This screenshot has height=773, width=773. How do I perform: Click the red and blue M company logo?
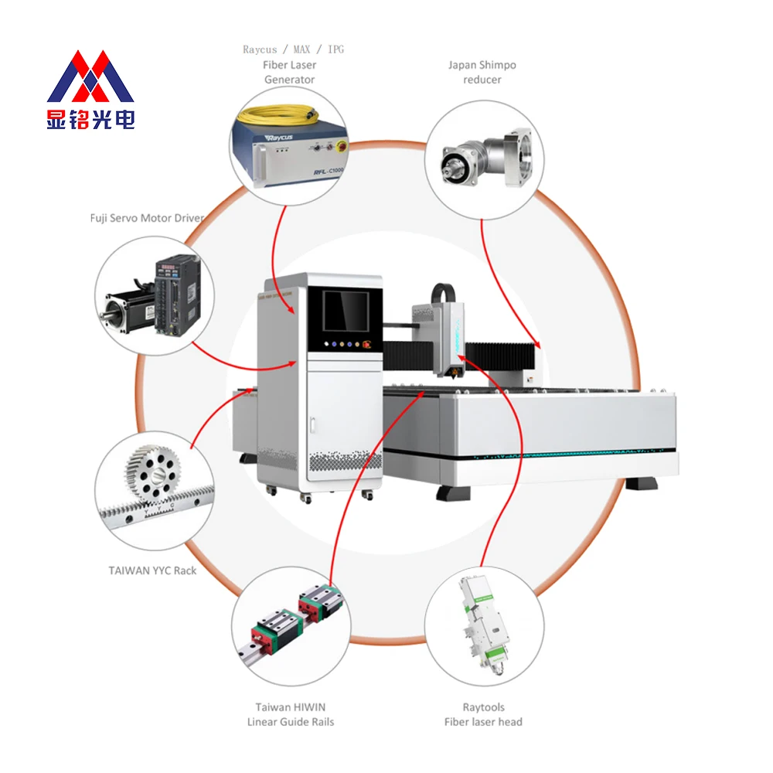(90, 77)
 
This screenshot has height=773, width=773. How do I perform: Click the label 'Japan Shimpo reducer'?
(482, 72)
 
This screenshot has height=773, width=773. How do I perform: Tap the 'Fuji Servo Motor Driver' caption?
(147, 218)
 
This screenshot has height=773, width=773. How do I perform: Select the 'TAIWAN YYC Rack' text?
(152, 570)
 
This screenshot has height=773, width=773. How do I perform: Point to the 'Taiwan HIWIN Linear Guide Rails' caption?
(290, 714)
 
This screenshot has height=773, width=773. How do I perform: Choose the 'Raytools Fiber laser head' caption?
(483, 714)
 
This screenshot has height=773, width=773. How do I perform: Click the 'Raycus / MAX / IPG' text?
(293, 49)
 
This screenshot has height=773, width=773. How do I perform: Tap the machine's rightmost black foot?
(641, 485)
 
